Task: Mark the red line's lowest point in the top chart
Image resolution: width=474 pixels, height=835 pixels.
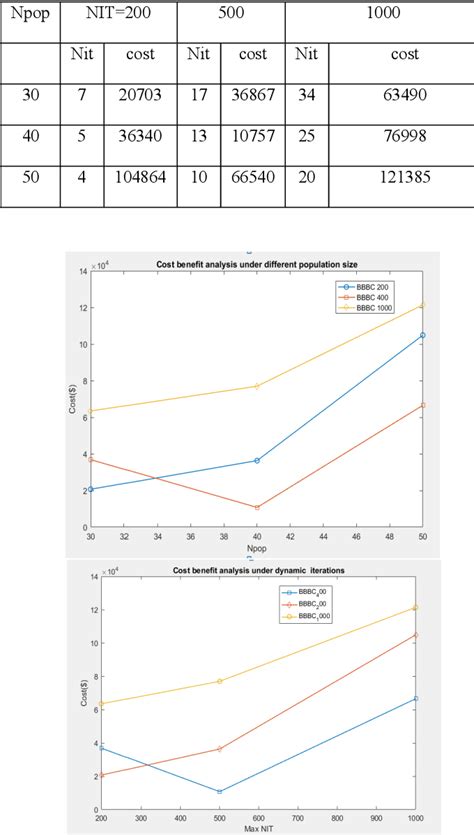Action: pyautogui.click(x=257, y=508)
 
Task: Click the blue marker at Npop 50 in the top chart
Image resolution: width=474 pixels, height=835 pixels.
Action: pyautogui.click(x=423, y=335)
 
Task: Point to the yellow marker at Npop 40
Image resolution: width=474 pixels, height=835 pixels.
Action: pyautogui.click(x=257, y=386)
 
